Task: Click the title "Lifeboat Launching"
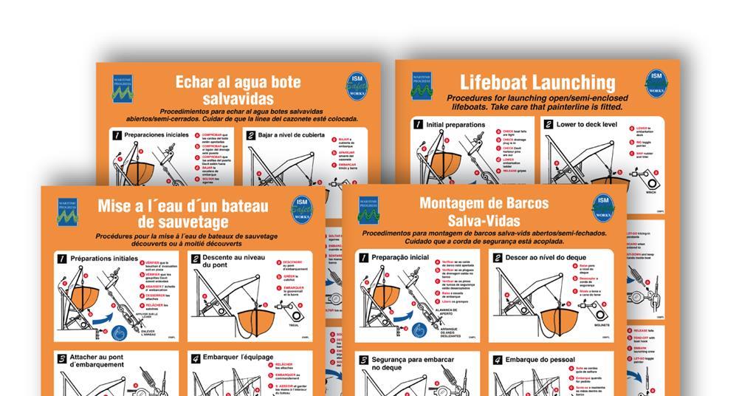(537, 82)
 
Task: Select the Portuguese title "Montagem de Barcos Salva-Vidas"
(484, 211)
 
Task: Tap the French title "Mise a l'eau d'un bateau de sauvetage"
(182, 214)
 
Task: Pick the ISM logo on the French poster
(302, 209)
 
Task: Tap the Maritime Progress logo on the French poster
(66, 210)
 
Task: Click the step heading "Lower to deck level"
(586, 124)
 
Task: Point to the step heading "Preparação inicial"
(399, 257)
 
